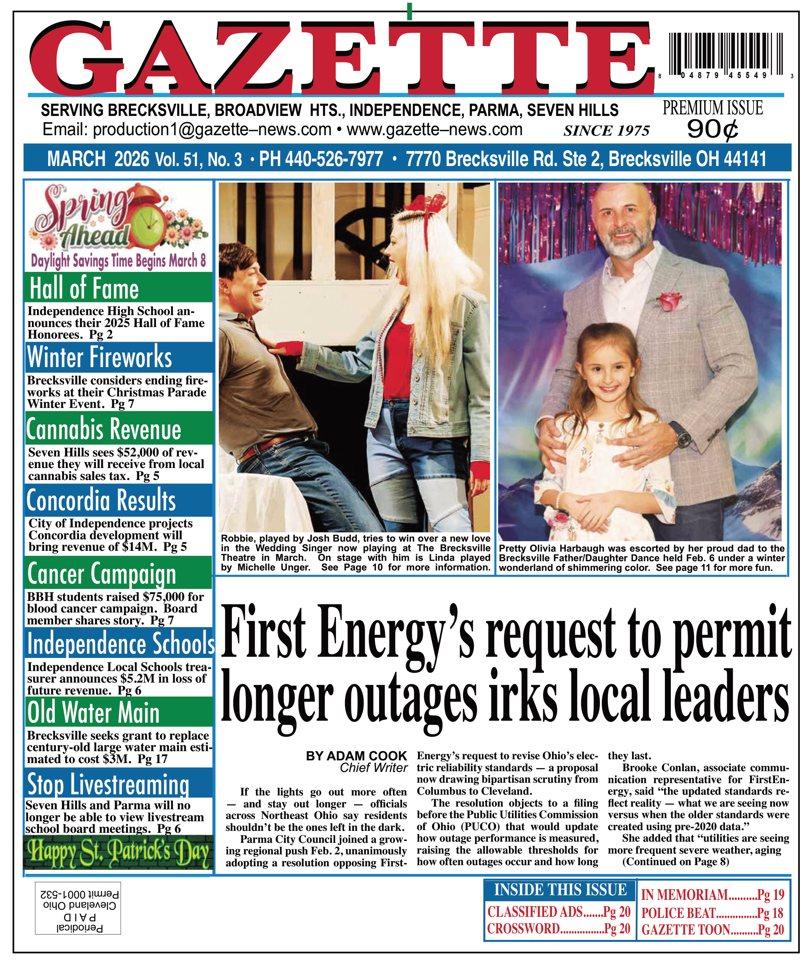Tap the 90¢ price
(712, 129)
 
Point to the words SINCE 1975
(606, 131)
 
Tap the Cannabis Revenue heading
(104, 429)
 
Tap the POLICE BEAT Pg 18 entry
(712, 913)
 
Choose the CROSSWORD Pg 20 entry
(559, 929)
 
